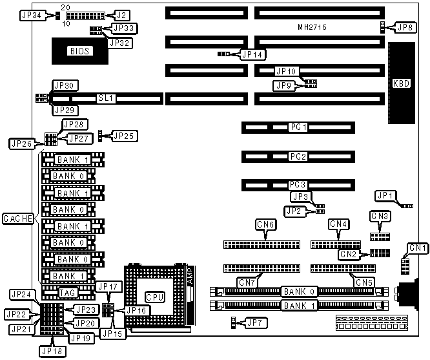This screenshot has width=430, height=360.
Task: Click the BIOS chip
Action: (80, 51)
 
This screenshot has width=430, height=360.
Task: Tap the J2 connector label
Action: (121, 14)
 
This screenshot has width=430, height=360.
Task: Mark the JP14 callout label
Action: (252, 54)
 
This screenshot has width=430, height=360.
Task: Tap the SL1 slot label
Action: (105, 98)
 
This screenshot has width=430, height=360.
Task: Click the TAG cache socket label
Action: (68, 292)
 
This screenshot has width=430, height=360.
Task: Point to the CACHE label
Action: (17, 219)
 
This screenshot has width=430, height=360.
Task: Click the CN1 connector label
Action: (418, 248)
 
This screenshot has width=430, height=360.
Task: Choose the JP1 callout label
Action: (385, 195)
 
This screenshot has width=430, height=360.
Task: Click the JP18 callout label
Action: (52, 351)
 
